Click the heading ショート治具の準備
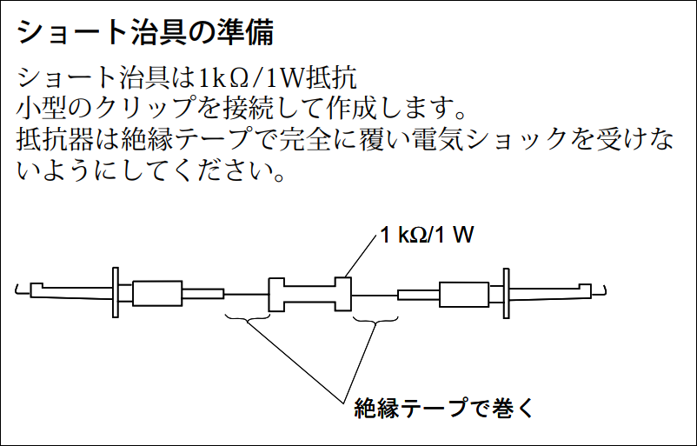[145, 32]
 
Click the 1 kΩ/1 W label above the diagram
[427, 235]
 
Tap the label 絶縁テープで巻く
[443, 408]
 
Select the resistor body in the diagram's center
[310, 294]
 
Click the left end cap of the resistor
[276, 295]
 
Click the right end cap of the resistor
[343, 294]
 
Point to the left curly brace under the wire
[248, 317]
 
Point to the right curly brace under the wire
[375, 319]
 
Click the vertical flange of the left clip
[116, 292]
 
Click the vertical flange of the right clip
[506, 294]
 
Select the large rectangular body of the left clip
[157, 293]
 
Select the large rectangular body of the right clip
[464, 295]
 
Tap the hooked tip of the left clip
[17, 290]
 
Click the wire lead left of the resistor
[246, 295]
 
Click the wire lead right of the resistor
[375, 295]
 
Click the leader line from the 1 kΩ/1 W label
[360, 256]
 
